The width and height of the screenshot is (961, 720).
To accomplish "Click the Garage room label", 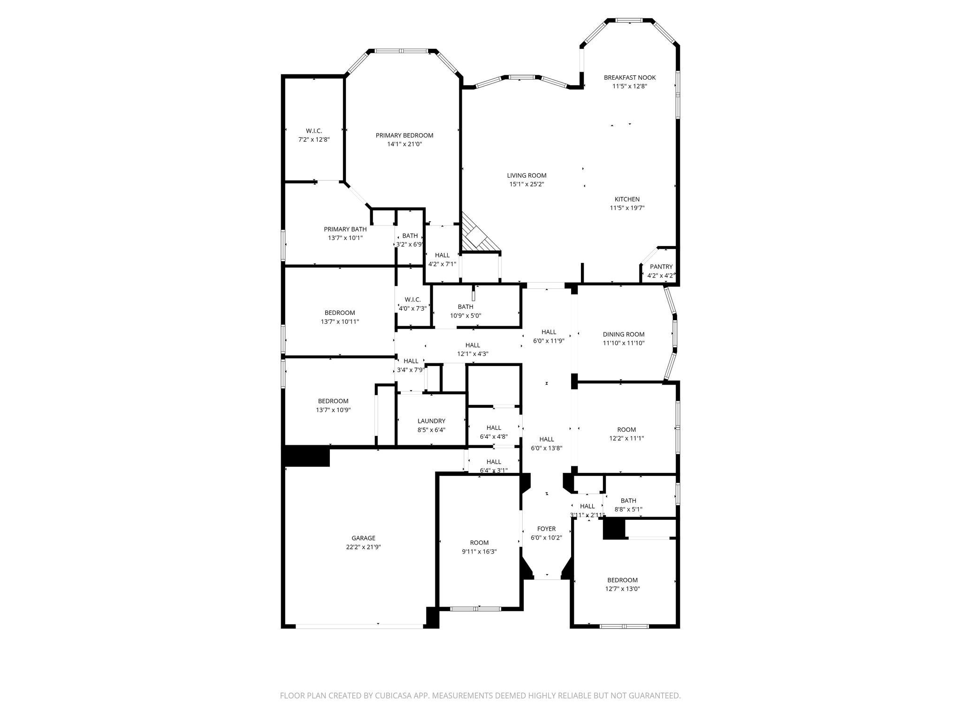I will tap(363, 538).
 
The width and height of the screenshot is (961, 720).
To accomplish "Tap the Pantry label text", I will tap(661, 267).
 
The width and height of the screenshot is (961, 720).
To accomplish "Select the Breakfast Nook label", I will tap(629, 77).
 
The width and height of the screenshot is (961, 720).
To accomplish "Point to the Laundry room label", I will tap(431, 421).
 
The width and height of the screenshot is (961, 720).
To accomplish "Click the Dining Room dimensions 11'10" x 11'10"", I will tap(623, 343).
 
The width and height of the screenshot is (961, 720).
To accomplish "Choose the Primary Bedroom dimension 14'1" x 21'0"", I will tap(404, 144).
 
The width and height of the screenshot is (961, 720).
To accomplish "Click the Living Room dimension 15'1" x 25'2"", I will tap(526, 185).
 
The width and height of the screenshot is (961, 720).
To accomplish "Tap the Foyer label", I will tap(546, 529).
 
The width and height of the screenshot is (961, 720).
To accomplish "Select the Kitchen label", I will tap(627, 199).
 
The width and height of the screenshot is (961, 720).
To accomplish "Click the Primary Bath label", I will tap(345, 229).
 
